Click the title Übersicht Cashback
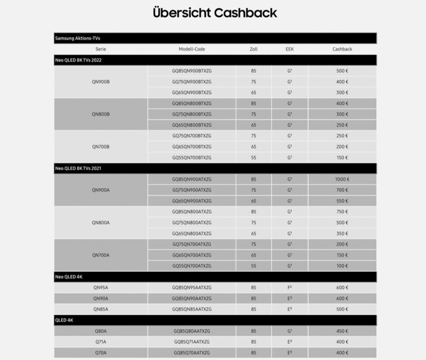tap(215, 13)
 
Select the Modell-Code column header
tap(192, 49)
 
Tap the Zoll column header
tap(253, 49)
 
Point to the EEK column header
tap(289, 49)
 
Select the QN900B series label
tap(100, 81)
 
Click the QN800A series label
tap(100, 222)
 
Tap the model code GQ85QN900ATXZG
tap(192, 179)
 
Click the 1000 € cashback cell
tap(342, 179)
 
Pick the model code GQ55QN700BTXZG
tap(192, 157)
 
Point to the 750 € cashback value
tap(342, 211)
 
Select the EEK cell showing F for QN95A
tap(289, 287)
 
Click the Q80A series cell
tap(100, 331)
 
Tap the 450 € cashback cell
tap(342, 331)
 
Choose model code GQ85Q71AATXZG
tap(192, 342)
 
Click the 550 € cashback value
tap(342, 201)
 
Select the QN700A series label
tap(100, 255)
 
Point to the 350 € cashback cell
tap(342, 233)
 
